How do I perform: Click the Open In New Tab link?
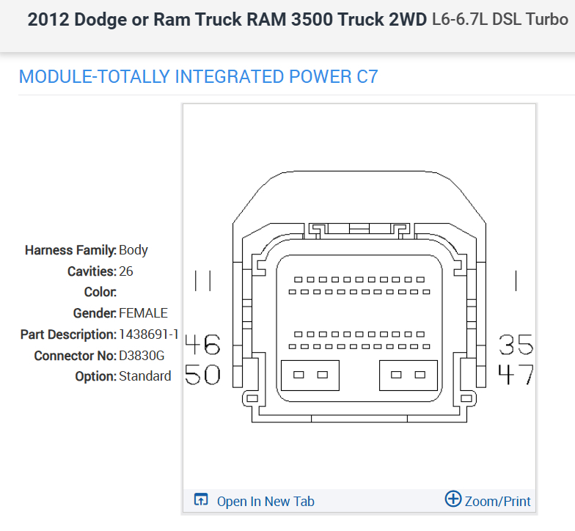click(x=265, y=502)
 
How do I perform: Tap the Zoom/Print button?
click(x=497, y=501)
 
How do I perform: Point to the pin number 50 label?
click(x=202, y=375)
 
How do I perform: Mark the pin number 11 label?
click(x=202, y=280)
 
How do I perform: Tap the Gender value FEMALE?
click(x=143, y=313)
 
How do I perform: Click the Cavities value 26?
click(x=125, y=271)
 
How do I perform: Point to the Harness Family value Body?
click(x=133, y=250)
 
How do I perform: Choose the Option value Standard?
click(x=144, y=376)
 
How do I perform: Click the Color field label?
click(x=100, y=292)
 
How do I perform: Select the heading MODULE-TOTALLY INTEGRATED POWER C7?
click(x=198, y=76)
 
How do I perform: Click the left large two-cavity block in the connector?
click(x=310, y=375)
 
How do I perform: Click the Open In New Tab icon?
click(x=201, y=500)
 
